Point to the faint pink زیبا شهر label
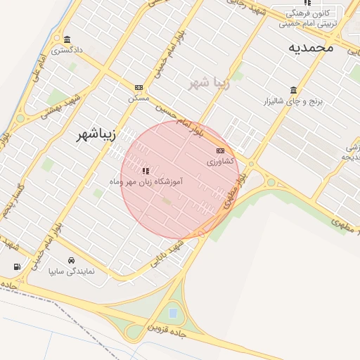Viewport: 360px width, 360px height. click(x=210, y=82)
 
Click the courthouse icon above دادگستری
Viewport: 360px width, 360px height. click(x=67, y=39)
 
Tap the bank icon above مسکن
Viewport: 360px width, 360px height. click(x=139, y=87)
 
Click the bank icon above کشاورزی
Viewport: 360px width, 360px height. click(x=220, y=150)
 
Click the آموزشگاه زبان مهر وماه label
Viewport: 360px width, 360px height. click(x=146, y=181)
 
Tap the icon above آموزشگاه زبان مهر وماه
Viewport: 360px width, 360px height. click(x=146, y=171)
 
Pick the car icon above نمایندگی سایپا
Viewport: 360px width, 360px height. click(x=71, y=259)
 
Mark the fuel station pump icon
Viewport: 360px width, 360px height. click(x=16, y=266)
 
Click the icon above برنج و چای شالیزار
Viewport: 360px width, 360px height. click(x=292, y=90)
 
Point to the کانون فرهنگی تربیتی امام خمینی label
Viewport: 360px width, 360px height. click(x=308, y=18)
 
